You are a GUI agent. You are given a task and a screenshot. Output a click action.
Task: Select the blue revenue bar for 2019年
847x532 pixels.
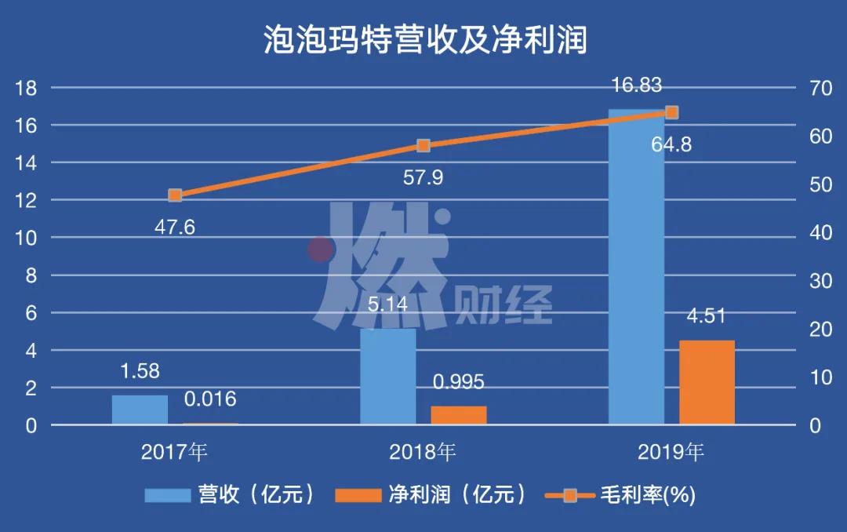(636, 267)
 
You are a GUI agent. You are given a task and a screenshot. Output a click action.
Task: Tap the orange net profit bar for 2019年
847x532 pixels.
(707, 382)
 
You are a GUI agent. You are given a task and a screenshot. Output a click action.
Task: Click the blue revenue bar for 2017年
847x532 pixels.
(140, 410)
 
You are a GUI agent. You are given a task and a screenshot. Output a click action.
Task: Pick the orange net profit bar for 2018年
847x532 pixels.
(459, 415)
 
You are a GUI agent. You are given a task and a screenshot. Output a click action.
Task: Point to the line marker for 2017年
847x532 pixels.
(175, 195)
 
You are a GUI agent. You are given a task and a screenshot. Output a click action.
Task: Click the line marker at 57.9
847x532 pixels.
(423, 146)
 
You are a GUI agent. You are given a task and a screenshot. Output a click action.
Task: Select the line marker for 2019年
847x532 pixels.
(671, 113)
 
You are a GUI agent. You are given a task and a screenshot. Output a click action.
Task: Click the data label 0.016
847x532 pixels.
(210, 399)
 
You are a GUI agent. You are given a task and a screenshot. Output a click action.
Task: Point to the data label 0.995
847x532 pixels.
(459, 382)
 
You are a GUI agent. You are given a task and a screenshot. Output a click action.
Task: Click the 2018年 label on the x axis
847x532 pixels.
(423, 452)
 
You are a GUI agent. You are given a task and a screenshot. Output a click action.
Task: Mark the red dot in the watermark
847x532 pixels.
(320, 250)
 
